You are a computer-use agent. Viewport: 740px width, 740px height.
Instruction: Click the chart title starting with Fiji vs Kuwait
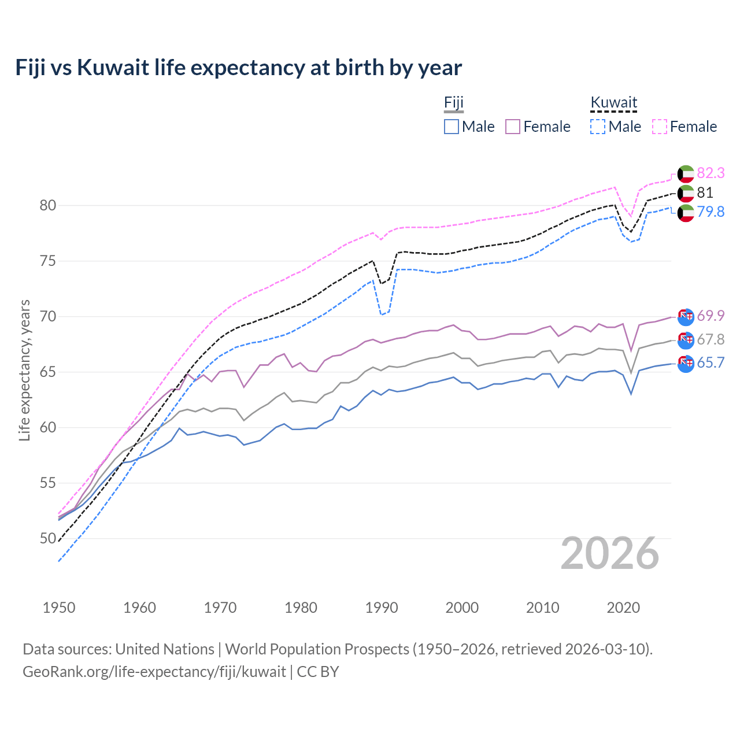click(238, 68)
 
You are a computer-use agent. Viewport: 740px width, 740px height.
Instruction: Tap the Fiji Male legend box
click(452, 127)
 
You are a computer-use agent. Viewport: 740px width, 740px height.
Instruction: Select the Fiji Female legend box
click(513, 127)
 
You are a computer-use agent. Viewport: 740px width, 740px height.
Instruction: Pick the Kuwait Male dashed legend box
click(598, 127)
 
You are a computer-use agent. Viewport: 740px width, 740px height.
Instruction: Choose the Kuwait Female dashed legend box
click(660, 127)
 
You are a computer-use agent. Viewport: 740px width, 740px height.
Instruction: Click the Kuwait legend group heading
click(613, 103)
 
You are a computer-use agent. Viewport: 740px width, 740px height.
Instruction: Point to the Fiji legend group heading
click(454, 103)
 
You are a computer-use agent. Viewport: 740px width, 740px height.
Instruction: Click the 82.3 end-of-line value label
click(711, 173)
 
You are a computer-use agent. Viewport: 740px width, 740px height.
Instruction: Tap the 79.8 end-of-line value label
click(711, 212)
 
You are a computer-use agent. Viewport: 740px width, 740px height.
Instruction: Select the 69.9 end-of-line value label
click(711, 316)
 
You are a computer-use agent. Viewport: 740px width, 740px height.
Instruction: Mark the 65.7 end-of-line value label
click(711, 362)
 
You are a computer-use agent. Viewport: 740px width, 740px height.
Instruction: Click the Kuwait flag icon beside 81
click(686, 193)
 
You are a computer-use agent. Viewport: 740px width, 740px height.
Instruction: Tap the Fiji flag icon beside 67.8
click(686, 340)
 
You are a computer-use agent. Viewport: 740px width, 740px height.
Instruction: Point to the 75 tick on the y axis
click(48, 261)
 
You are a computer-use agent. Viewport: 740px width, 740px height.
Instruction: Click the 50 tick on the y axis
click(48, 539)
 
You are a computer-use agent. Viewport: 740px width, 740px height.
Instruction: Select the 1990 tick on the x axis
click(382, 608)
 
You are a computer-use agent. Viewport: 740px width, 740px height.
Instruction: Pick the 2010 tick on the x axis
click(542, 608)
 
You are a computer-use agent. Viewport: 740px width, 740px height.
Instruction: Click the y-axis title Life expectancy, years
click(25, 370)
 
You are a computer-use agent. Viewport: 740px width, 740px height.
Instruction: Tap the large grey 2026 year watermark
click(610, 554)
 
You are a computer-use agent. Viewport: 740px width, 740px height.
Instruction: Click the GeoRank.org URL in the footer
click(154, 672)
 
